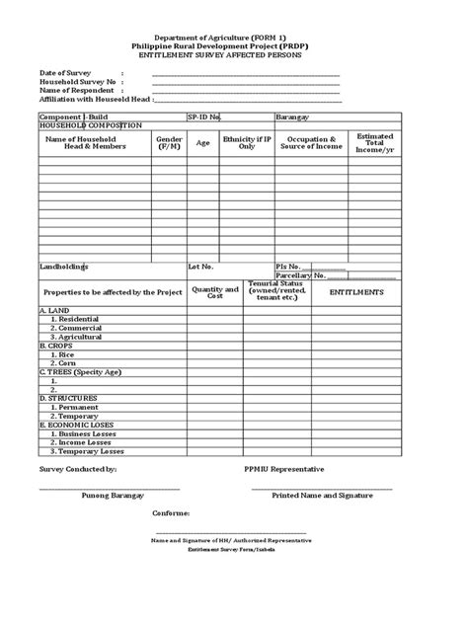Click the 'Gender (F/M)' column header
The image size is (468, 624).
click(169, 143)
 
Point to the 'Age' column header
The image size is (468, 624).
click(203, 143)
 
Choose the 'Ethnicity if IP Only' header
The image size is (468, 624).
click(247, 143)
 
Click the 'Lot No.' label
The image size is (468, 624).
click(201, 267)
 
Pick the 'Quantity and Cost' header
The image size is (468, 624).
click(215, 293)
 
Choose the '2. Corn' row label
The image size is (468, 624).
click(62, 364)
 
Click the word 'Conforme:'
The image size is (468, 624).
click(171, 513)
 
